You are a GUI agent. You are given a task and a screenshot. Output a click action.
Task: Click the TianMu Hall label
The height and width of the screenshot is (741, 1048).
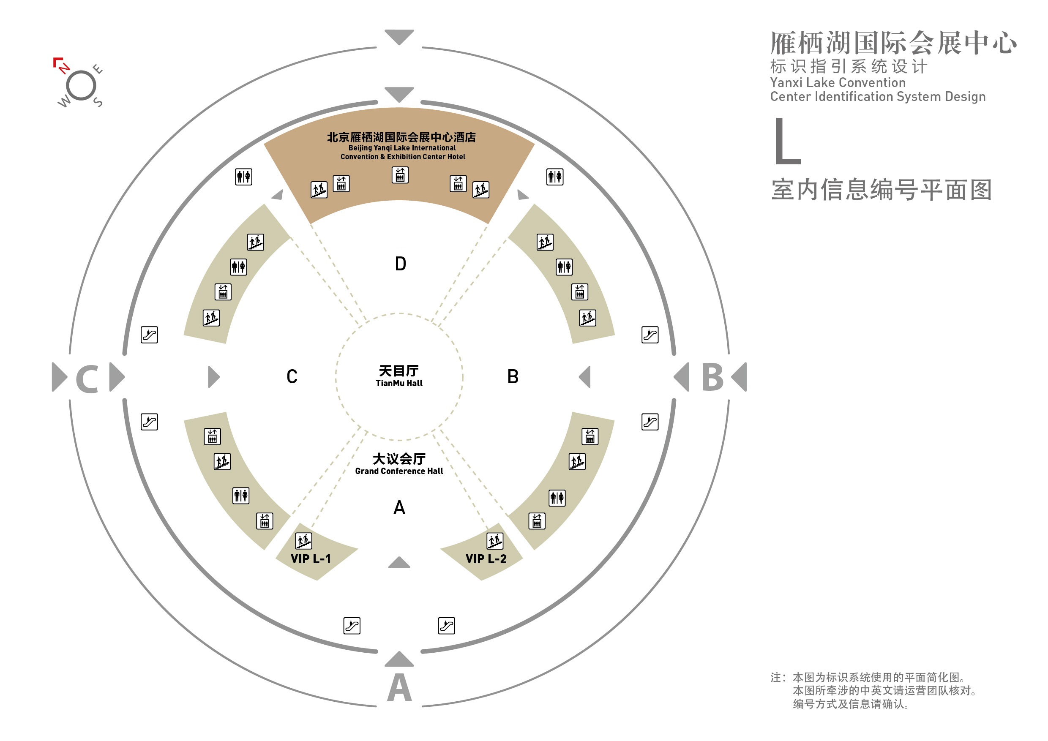click(399, 383)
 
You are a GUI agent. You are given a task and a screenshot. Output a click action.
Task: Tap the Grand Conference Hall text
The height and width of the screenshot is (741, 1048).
click(399, 471)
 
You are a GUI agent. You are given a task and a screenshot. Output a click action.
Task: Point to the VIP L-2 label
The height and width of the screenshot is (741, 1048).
click(486, 559)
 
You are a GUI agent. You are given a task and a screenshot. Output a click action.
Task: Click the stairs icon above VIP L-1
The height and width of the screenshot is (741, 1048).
click(303, 541)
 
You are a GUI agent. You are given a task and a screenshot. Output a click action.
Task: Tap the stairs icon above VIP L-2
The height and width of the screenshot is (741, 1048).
click(495, 541)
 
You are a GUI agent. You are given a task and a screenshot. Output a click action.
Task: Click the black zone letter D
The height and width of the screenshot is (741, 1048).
click(400, 264)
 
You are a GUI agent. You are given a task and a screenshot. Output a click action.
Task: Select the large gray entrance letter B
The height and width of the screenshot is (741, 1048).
click(712, 377)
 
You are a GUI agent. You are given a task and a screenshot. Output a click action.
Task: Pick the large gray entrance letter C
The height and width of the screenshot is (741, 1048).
click(87, 379)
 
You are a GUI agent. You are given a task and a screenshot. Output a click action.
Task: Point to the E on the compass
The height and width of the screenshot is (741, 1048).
click(97, 69)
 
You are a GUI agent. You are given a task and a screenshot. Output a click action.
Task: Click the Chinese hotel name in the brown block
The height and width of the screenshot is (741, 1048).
click(401, 137)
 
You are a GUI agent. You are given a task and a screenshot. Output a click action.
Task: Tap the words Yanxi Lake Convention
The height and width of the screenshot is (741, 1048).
click(838, 82)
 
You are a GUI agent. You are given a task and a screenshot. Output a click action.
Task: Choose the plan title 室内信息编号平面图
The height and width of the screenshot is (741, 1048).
click(882, 190)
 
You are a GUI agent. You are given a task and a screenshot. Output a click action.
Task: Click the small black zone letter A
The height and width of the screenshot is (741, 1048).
click(399, 507)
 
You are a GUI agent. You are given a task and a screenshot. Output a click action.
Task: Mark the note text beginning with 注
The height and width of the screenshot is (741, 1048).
click(874, 690)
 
